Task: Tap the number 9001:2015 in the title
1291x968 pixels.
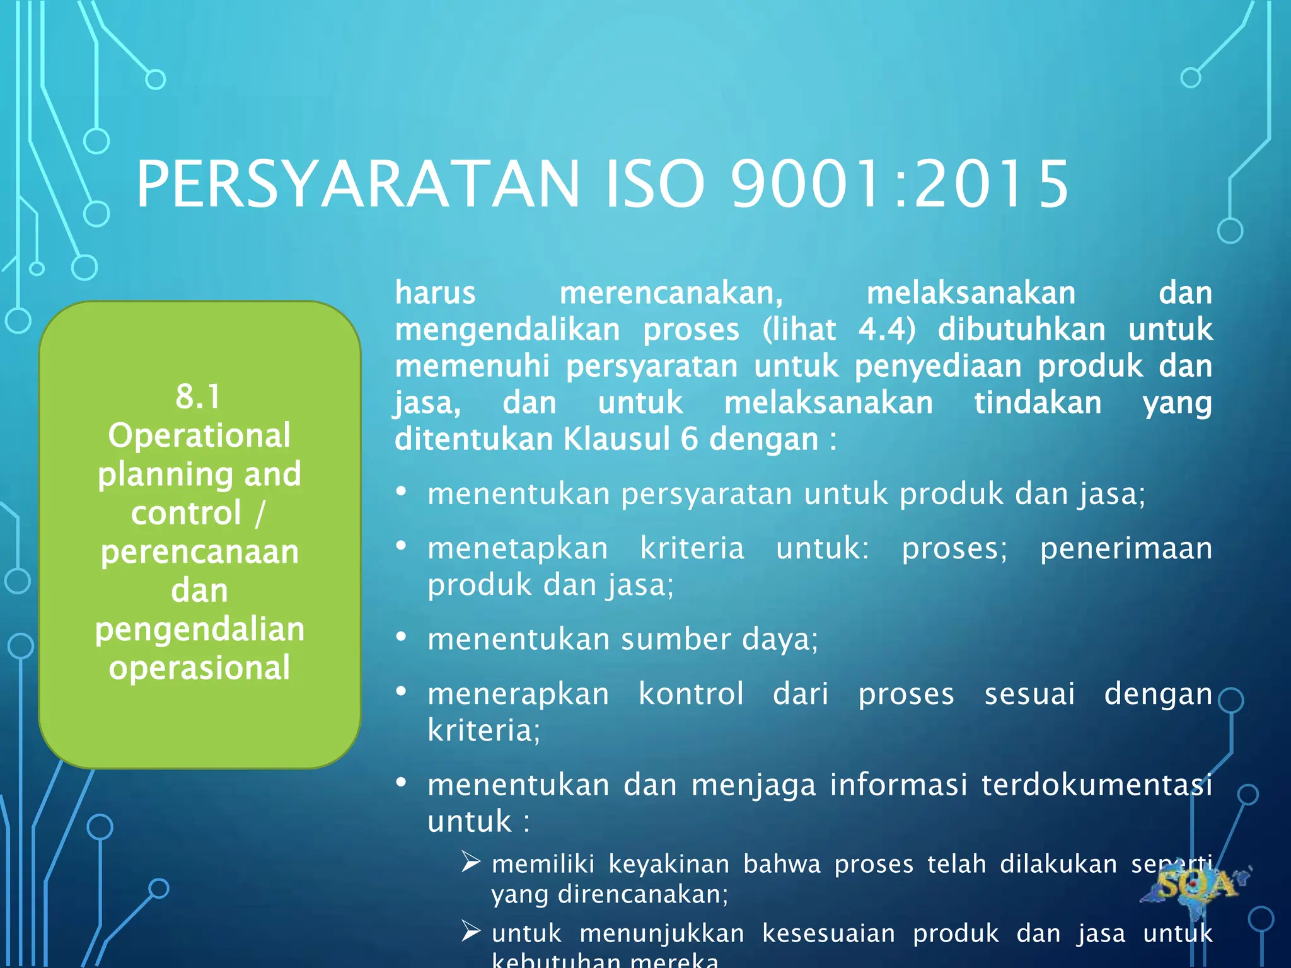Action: tap(900, 184)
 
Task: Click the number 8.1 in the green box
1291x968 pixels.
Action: tap(199, 396)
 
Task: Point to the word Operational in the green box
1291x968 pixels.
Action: tap(199, 435)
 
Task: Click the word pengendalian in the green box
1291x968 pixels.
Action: tap(199, 629)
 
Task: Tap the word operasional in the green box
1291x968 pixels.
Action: tap(199, 667)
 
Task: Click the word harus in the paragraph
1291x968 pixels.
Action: tap(435, 293)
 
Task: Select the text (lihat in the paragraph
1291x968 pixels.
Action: tap(799, 330)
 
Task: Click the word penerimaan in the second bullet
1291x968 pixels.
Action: tap(1126, 548)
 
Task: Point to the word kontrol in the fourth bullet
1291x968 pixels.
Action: tap(691, 694)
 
